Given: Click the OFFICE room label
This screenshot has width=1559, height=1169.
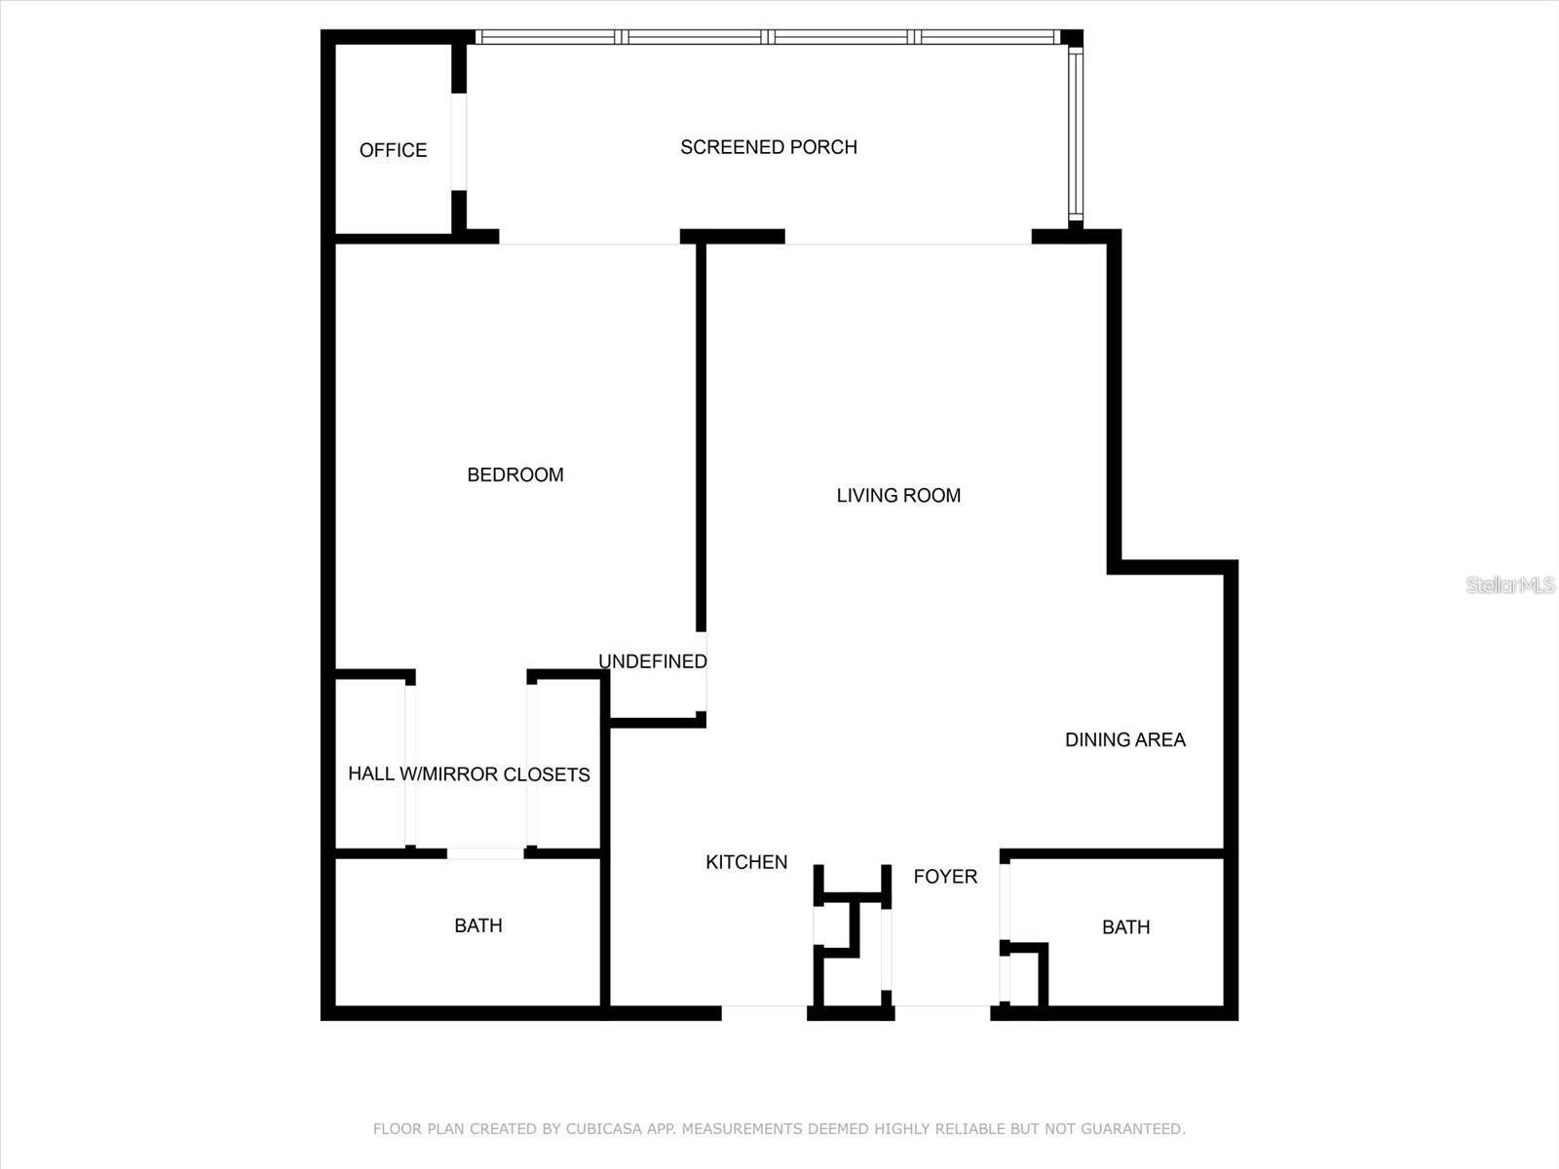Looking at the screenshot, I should click(x=393, y=150).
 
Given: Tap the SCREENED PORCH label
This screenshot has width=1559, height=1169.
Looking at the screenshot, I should click(x=768, y=147).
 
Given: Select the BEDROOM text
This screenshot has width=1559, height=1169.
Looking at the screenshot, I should click(x=515, y=474).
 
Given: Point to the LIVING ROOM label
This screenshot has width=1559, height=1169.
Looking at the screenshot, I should click(x=898, y=495).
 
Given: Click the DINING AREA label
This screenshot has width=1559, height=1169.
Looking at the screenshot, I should click(x=1124, y=739).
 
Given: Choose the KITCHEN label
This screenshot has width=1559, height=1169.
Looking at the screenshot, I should click(x=746, y=862).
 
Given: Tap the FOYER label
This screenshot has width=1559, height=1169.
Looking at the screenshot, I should click(x=944, y=877).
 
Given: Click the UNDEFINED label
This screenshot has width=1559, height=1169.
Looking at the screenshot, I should click(x=652, y=661).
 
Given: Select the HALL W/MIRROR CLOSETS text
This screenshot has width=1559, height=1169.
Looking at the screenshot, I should click(x=469, y=774).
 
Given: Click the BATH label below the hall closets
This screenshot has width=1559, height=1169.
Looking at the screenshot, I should click(x=478, y=925).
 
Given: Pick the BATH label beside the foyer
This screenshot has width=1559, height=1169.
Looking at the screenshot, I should click(x=1125, y=927).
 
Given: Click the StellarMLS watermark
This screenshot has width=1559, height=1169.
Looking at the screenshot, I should click(x=1510, y=585).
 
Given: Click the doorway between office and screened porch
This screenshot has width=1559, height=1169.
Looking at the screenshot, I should click(x=458, y=142).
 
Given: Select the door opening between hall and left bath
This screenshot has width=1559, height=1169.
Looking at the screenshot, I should click(x=485, y=853).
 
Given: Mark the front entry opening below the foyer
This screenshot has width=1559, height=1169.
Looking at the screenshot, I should click(x=942, y=1012).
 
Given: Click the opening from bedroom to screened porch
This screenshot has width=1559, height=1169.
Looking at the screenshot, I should click(x=589, y=238).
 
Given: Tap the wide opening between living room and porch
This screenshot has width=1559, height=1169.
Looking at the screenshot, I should click(x=908, y=238).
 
